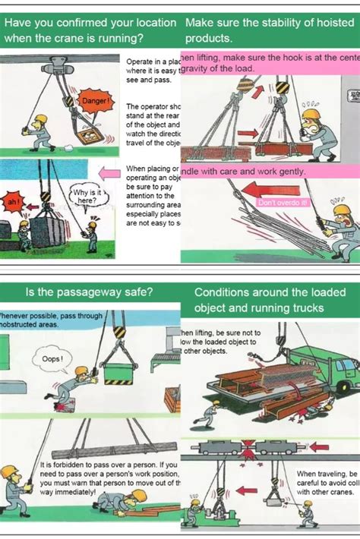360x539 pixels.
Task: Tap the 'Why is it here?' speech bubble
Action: (84, 197)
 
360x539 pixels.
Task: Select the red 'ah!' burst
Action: (12, 203)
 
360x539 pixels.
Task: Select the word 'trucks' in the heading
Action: (302, 307)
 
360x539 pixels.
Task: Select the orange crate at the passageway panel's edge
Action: (172, 399)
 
